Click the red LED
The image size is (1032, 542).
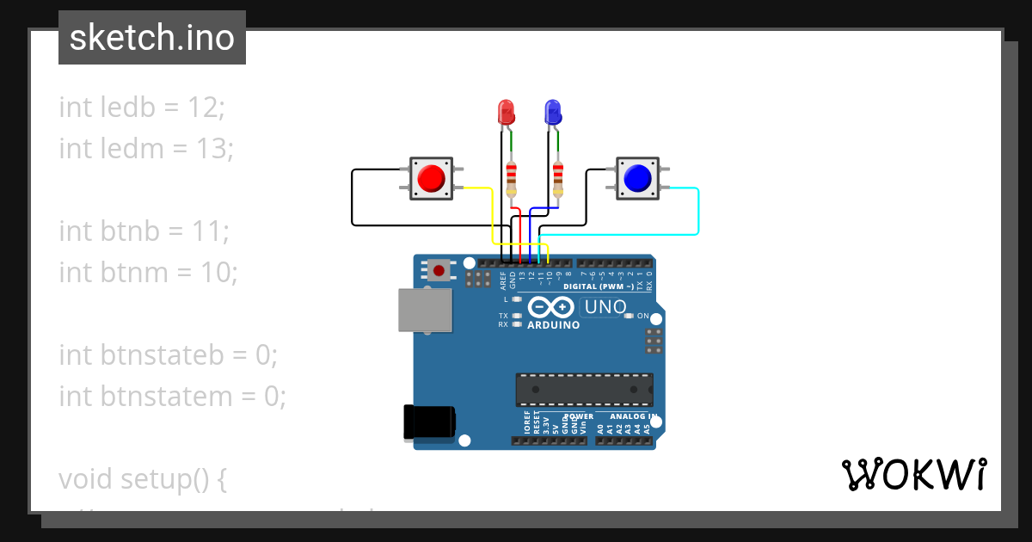click(x=507, y=112)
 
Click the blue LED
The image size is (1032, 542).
click(x=552, y=112)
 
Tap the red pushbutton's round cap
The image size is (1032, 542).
click(x=431, y=178)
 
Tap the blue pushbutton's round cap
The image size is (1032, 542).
click(x=637, y=177)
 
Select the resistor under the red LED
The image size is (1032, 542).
click(x=513, y=178)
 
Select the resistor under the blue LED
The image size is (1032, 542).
click(x=559, y=178)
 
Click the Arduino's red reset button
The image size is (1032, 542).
click(x=439, y=271)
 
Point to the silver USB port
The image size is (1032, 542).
click(x=425, y=310)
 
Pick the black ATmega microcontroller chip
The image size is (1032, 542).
click(x=584, y=390)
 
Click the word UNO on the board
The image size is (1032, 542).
click(x=605, y=307)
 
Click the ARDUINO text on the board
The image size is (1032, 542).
click(x=553, y=325)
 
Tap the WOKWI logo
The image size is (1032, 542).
click(x=913, y=475)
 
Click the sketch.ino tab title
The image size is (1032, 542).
click(x=152, y=38)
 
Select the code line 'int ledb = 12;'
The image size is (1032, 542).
click(x=142, y=108)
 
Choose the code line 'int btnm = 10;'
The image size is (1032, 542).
click(x=148, y=273)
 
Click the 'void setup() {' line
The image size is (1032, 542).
click(x=143, y=479)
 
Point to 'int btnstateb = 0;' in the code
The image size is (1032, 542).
click(x=169, y=355)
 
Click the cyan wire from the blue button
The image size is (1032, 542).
click(x=697, y=211)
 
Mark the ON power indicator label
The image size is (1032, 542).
click(x=642, y=316)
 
